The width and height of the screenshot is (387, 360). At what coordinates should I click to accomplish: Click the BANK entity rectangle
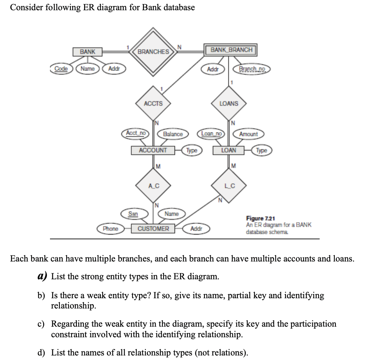[x=87, y=52]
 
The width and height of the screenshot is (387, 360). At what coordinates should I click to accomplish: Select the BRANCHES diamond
[x=153, y=52]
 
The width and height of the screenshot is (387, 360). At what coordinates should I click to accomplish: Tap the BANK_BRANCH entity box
[x=231, y=50]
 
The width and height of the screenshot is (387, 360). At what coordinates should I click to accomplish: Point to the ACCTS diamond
[x=153, y=103]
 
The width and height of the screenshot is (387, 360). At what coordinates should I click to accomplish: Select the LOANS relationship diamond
[x=229, y=103]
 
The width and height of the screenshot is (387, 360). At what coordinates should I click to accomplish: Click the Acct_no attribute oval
[x=136, y=133]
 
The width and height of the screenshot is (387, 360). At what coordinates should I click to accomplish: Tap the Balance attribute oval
[x=173, y=134]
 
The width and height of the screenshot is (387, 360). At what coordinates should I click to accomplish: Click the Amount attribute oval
[x=248, y=134]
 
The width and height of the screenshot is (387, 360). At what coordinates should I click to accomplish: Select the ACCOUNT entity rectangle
[x=153, y=150]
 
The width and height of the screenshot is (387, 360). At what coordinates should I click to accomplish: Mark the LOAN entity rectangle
[x=229, y=150]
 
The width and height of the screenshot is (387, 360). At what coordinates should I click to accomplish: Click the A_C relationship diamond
[x=153, y=186]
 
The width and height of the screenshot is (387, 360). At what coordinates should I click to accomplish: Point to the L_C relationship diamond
[x=229, y=186]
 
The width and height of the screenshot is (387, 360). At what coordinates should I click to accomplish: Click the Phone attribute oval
[x=111, y=229]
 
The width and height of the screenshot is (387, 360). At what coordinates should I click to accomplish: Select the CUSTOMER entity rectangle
[x=153, y=229]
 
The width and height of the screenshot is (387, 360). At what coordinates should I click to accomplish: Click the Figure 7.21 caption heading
[x=261, y=219]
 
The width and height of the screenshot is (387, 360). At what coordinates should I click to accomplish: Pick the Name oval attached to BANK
[x=88, y=69]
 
